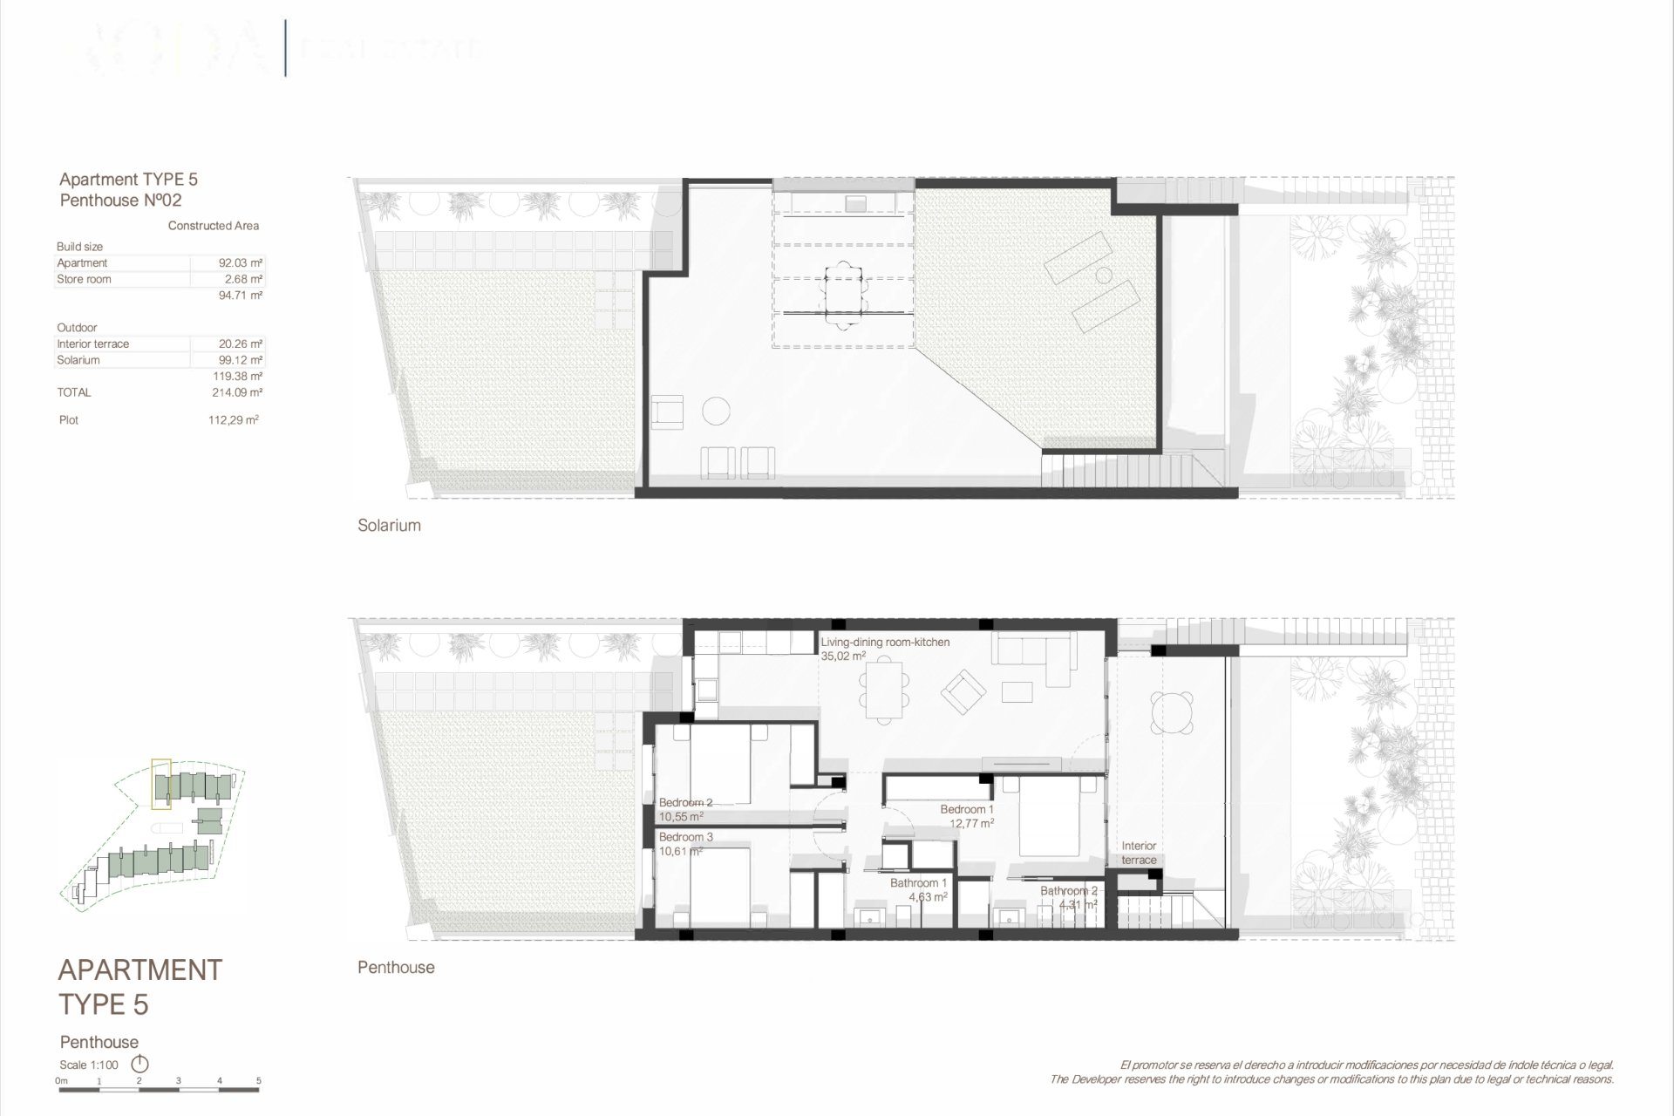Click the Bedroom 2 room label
coord(685,803)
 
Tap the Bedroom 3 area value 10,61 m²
coord(681,852)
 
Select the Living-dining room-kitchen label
coord(885,643)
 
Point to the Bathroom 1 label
coord(918,883)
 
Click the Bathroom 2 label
coord(1068,891)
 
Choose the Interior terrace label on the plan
coord(1139,853)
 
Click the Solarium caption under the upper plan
coord(389,526)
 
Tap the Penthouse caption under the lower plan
coord(396,968)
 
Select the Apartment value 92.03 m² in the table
coord(241,263)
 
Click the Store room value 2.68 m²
coord(243,280)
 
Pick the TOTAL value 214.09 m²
coord(237,393)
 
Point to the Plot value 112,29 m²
coord(234,420)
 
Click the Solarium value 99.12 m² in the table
coord(241,360)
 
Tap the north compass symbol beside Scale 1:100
coord(139,1065)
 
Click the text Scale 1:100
coord(89,1065)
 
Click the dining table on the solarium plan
coord(844,296)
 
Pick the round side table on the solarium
coord(716,411)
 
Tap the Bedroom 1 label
coord(967,810)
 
